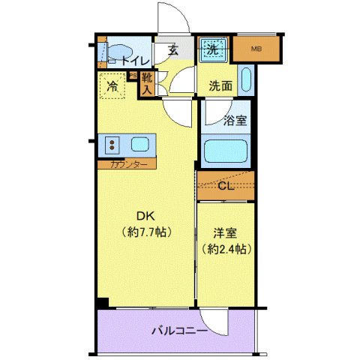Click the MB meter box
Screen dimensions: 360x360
[x=256, y=50]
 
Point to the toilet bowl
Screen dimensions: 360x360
[x=115, y=54]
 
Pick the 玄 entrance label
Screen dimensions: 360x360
[x=172, y=50]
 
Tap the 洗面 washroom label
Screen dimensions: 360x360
[x=220, y=85]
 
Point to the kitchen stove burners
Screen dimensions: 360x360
[x=113, y=143]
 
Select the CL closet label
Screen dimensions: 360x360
[x=226, y=186]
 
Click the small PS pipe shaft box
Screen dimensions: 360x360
[x=132, y=76]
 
